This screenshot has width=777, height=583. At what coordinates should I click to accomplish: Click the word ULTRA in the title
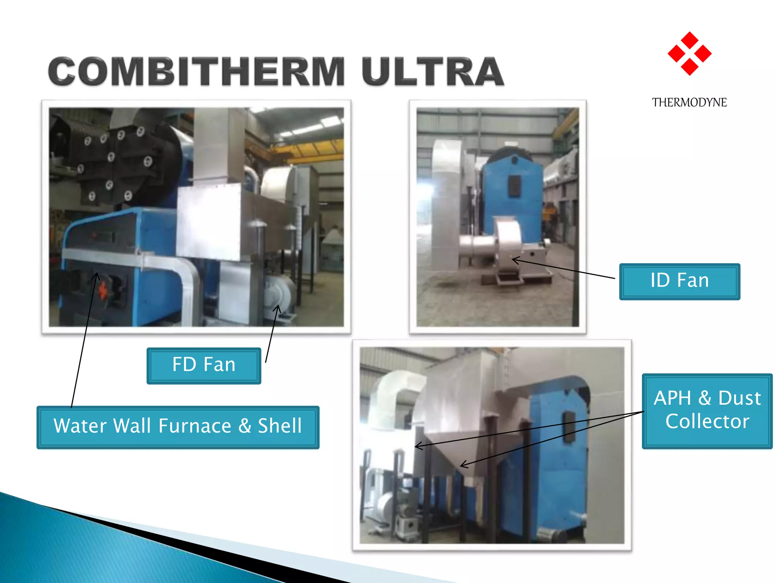coord(433,72)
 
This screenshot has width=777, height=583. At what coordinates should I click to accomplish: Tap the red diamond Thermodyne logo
coord(689,54)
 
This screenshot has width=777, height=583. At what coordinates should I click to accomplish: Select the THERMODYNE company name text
coord(689,102)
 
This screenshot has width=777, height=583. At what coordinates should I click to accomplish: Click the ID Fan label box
coord(679,281)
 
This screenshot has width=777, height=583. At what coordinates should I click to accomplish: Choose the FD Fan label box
coord(204,365)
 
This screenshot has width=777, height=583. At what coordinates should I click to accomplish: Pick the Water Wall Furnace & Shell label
coord(178,427)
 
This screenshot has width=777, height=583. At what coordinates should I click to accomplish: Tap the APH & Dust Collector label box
coord(707,411)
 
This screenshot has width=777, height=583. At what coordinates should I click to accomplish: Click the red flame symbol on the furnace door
coord(103,291)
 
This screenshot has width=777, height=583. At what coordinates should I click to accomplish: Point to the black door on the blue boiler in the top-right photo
coord(514,186)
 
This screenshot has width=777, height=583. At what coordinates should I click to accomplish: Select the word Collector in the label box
coord(707,421)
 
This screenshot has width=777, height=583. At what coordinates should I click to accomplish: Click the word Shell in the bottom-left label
coord(280,426)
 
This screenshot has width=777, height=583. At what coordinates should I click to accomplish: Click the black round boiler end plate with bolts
coord(114,163)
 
